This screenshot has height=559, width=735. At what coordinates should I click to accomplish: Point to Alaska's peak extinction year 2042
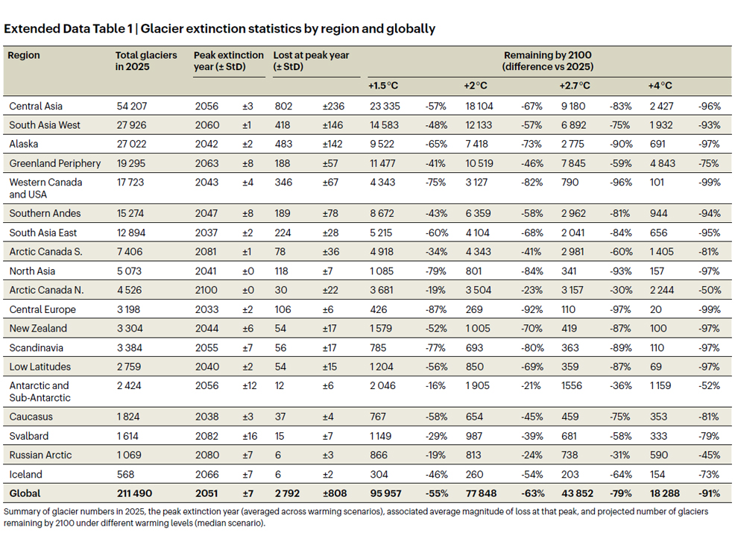206,144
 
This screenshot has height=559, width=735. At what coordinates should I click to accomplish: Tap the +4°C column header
660,86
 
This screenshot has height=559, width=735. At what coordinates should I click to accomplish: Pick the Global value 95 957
384,493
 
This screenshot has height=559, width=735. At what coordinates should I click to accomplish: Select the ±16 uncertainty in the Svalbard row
250,436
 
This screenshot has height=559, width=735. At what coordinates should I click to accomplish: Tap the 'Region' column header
25,55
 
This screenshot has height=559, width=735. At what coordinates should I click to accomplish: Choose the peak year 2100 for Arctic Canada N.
206,290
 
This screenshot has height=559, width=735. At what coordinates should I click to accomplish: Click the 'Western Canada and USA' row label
45,188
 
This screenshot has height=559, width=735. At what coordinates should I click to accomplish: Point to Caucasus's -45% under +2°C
531,417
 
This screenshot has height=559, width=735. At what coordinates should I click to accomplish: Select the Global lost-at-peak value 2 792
288,493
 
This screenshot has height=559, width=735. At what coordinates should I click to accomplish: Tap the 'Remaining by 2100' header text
547,55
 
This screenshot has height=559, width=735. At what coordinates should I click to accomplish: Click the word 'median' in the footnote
214,523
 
